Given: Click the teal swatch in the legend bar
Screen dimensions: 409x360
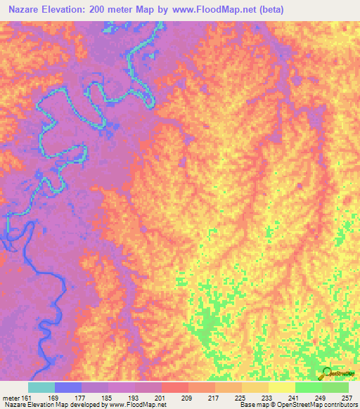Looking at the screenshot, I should pos(41,387).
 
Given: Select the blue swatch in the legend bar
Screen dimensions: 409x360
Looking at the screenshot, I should pos(67,387).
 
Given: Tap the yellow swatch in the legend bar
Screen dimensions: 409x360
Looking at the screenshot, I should pos(281,387).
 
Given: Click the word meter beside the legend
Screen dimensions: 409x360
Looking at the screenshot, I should pos(11,397).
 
